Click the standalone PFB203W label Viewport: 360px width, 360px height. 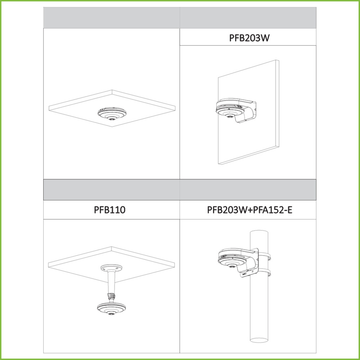coord(249,38)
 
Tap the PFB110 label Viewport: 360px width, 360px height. coord(110,210)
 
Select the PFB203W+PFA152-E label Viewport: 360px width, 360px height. coord(249,210)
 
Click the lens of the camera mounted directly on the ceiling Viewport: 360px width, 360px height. coord(112,118)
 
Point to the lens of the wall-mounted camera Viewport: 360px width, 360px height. coord(229,116)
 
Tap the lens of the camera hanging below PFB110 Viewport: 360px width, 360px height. coord(111,314)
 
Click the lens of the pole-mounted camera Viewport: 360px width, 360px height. coord(232,266)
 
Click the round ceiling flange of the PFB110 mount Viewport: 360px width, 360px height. coord(111,268)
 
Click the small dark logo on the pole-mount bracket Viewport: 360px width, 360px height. coord(244,274)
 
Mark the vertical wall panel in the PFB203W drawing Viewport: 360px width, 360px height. coord(248,112)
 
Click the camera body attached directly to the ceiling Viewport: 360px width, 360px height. coord(112,113)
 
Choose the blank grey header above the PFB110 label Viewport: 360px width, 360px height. coord(112,190)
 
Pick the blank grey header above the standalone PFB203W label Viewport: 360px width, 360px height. coord(248,18)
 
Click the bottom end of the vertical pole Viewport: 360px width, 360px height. coord(259,340)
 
